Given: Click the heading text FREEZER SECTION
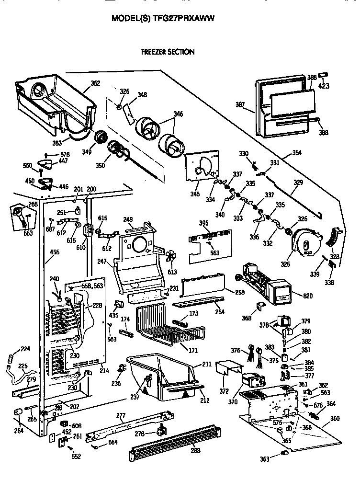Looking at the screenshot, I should pos(168,52).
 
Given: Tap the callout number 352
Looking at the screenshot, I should pos(95,83).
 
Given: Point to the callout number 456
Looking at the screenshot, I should pos(55,251).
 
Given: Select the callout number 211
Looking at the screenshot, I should pos(206,365).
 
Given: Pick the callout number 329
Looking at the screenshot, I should pos(298,183).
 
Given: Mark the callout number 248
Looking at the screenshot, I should pos(128,219).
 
